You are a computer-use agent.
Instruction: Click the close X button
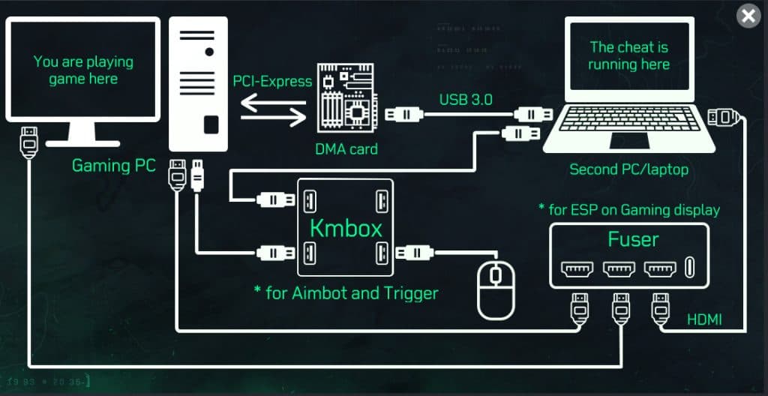pyautogui.click(x=748, y=16)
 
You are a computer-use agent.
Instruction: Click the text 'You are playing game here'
pyautogui.click(x=82, y=70)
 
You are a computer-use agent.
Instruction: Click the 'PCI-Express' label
pyautogui.click(x=272, y=81)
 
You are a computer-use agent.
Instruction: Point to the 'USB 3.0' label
pyautogui.click(x=466, y=98)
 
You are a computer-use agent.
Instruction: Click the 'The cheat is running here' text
pyautogui.click(x=628, y=55)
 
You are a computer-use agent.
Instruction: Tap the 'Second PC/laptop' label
pyautogui.click(x=628, y=169)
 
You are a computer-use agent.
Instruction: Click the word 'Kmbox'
pyautogui.click(x=346, y=228)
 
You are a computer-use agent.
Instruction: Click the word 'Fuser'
pyautogui.click(x=633, y=240)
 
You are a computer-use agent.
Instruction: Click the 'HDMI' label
pyautogui.click(x=704, y=320)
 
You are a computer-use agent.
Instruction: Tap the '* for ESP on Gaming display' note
pyautogui.click(x=628, y=209)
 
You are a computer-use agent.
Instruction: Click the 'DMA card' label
pyautogui.click(x=346, y=148)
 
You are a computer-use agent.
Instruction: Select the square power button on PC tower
pyautogui.click(x=211, y=124)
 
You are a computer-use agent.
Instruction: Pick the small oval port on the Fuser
pyautogui.click(x=689, y=268)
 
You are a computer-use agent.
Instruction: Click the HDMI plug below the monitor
pyautogui.click(x=28, y=140)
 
